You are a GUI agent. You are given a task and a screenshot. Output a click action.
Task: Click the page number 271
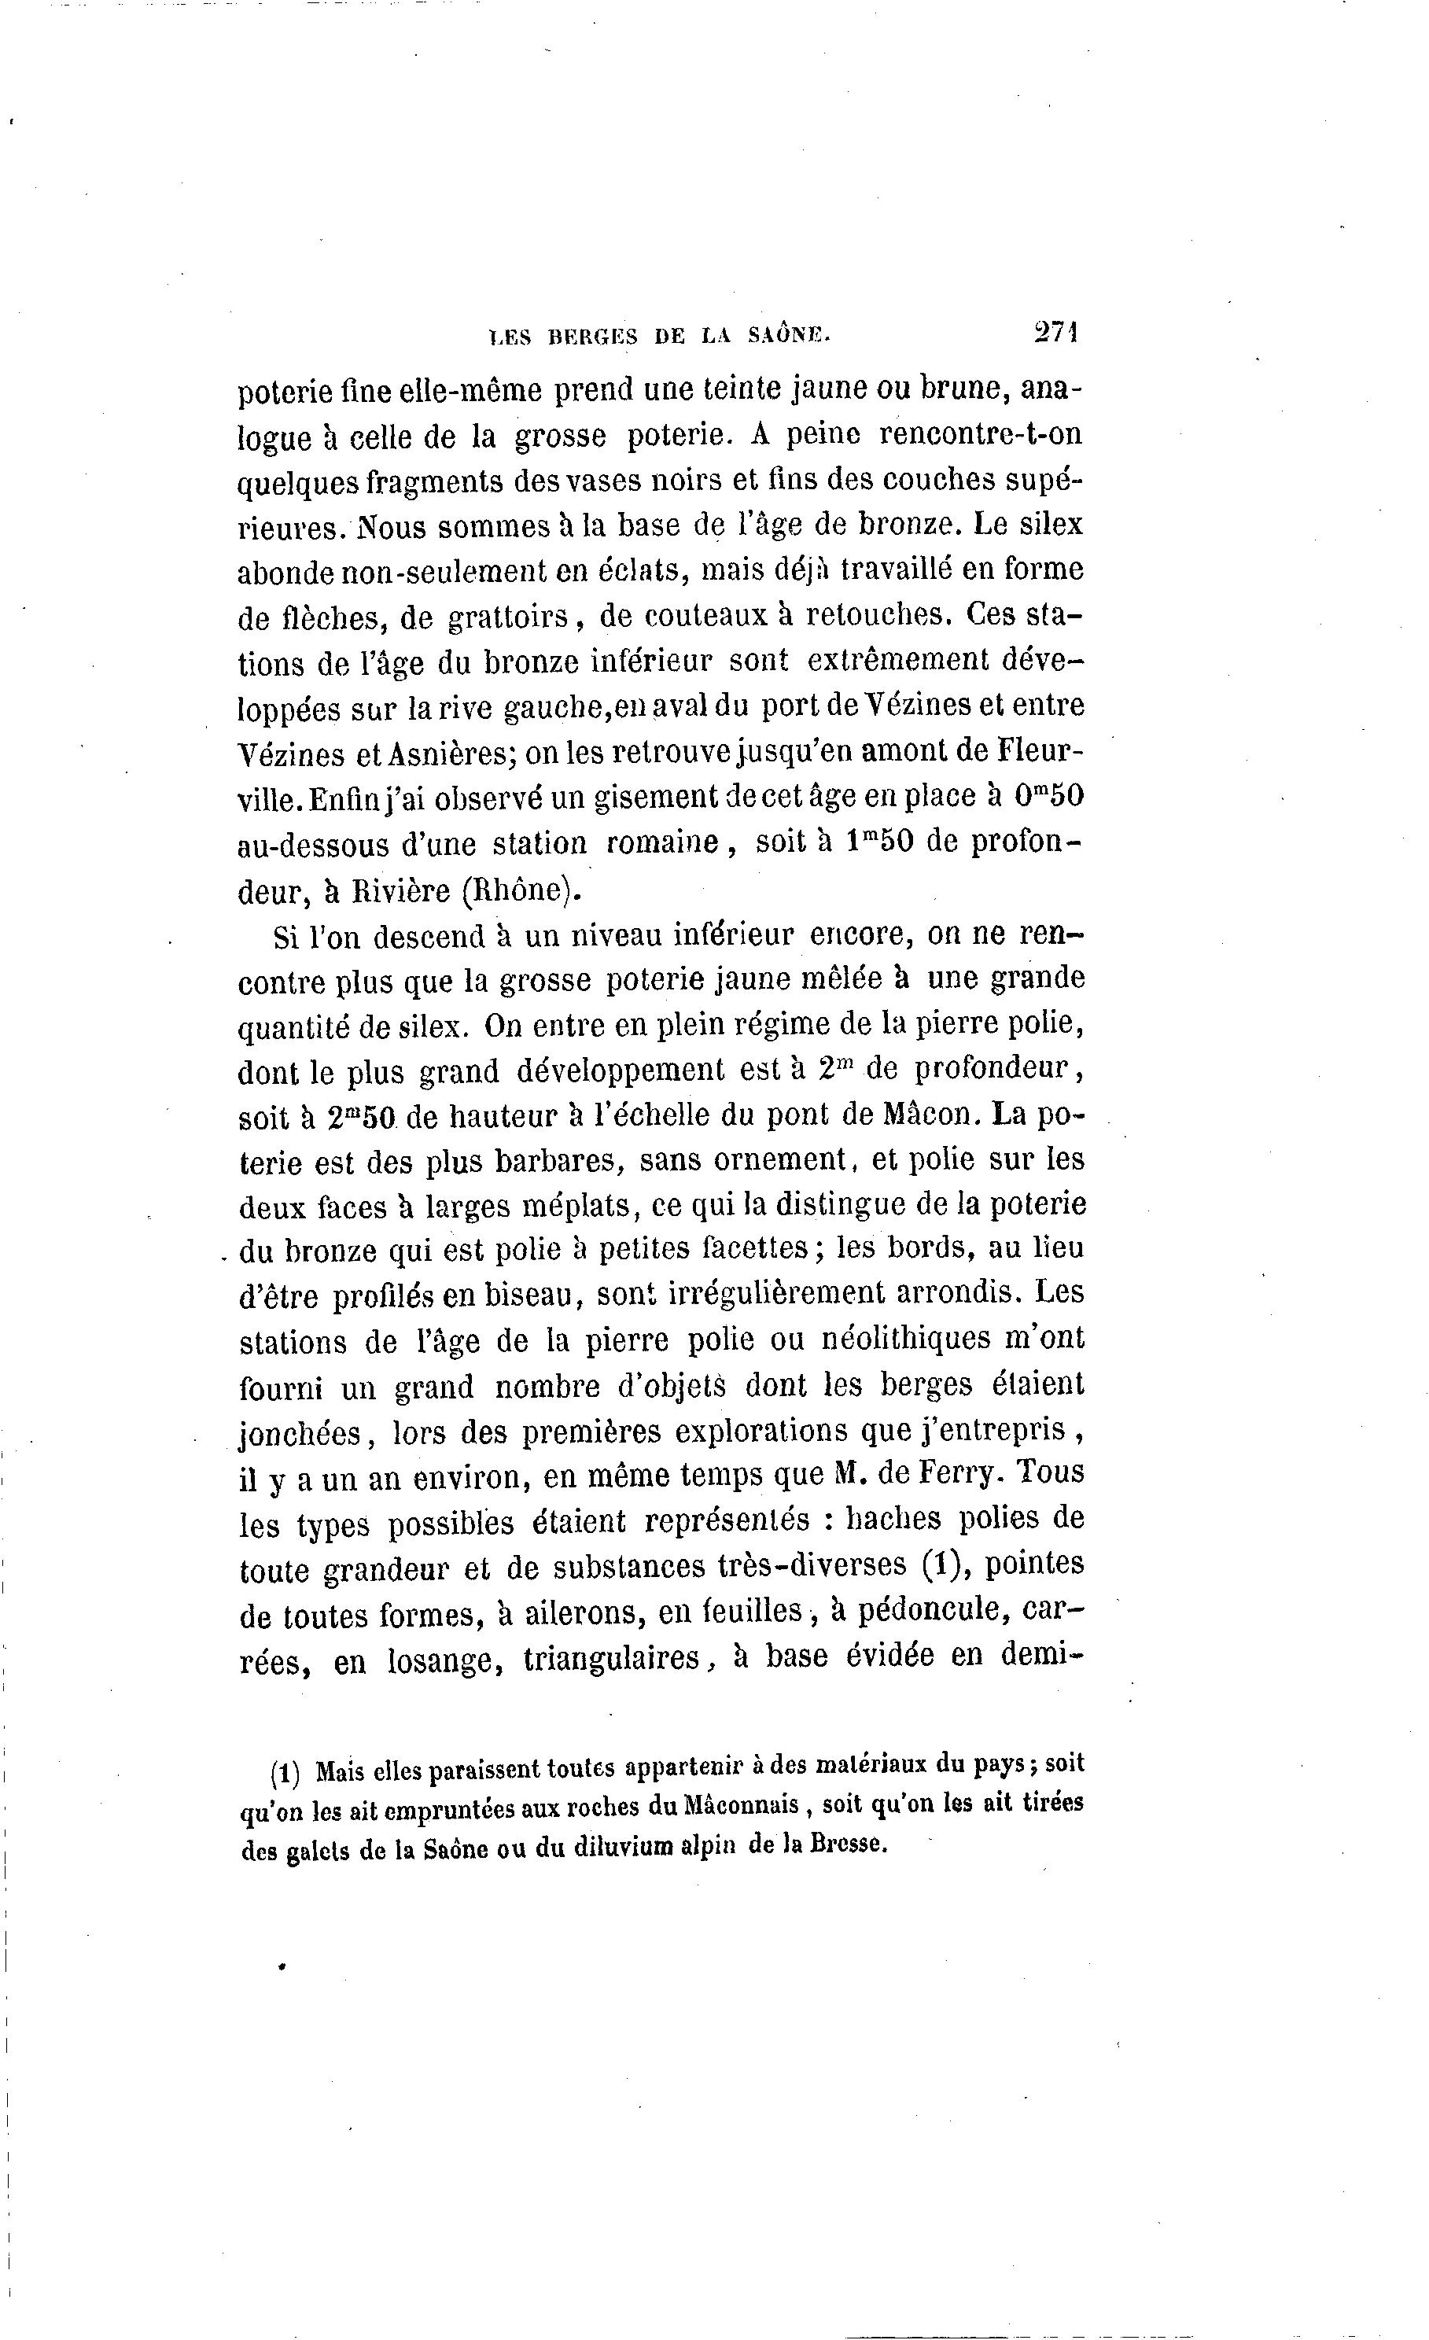tap(1057, 333)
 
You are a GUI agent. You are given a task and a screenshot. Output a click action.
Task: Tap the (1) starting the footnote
tap(285, 1773)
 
